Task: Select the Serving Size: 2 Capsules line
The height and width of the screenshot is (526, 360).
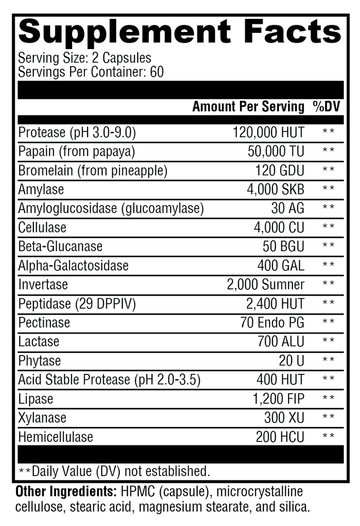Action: pyautogui.click(x=85, y=58)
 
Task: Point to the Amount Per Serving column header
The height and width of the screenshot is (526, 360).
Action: pyautogui.click(x=248, y=107)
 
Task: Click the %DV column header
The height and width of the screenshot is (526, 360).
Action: pyautogui.click(x=327, y=107)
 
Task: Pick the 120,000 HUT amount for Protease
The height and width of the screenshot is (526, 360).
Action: pyautogui.click(x=268, y=133)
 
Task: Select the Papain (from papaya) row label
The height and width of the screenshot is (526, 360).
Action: pyautogui.click(x=76, y=152)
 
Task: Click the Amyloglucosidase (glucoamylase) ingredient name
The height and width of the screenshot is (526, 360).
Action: pyautogui.click(x=111, y=208)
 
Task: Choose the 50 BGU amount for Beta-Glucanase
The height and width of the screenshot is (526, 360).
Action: pyautogui.click(x=283, y=247)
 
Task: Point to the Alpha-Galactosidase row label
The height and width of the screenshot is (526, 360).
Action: pyautogui.click(x=73, y=265)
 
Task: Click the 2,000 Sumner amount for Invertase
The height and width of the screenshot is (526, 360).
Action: pyautogui.click(x=265, y=284)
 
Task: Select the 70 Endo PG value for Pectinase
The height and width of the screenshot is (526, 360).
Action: pyautogui.click(x=273, y=323)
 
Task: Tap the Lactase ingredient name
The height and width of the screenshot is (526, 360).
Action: pyautogui.click(x=39, y=342)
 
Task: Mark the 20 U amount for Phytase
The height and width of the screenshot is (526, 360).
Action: pyautogui.click(x=292, y=360)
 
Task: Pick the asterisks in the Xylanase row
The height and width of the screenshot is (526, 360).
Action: pyautogui.click(x=328, y=418)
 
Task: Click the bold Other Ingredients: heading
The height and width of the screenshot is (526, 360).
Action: pyautogui.click(x=66, y=491)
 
